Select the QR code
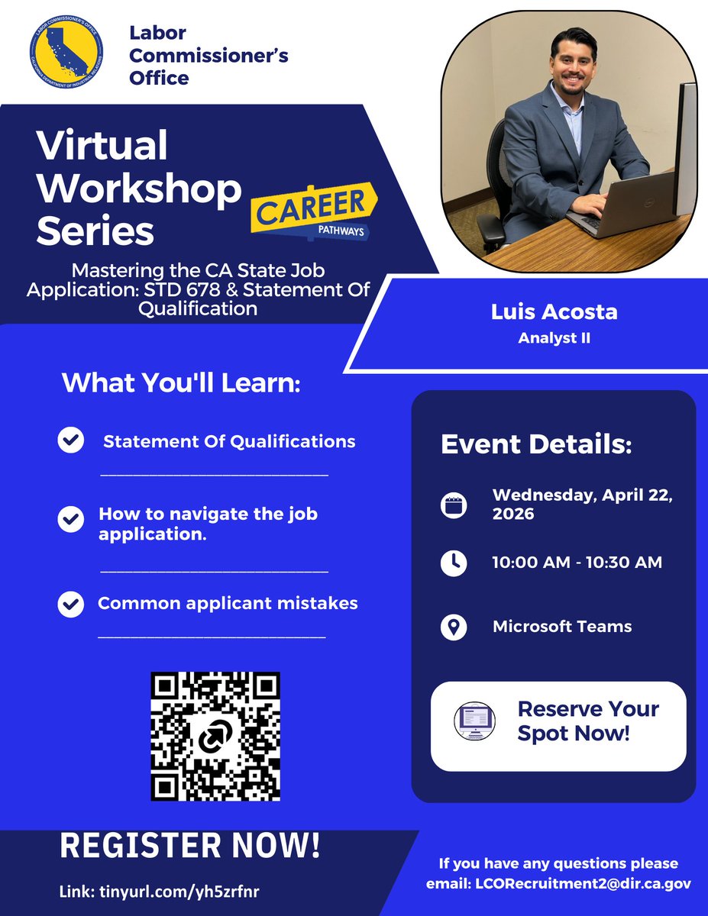coord(215,736)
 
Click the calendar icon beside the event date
coord(454,505)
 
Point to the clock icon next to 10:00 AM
coord(454,563)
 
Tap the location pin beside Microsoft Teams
coord(454,627)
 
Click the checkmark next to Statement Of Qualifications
coord(71,440)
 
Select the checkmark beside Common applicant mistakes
coord(71,604)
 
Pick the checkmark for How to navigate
coord(71,520)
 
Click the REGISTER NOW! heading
coord(190,846)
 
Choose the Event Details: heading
coord(536,445)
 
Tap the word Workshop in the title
coord(138,187)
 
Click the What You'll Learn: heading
coord(182,382)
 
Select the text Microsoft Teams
coord(562,627)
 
